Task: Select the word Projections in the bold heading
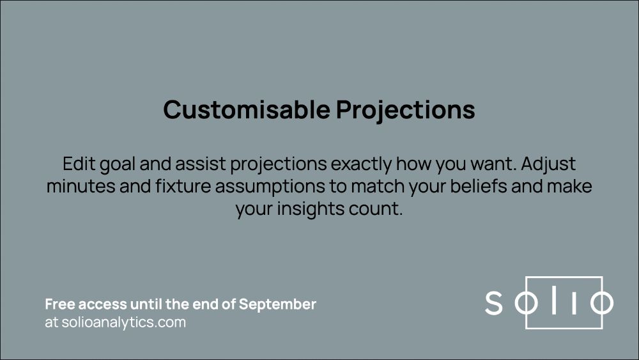406,110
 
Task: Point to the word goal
118,165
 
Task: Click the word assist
201,164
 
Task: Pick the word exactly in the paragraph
361,165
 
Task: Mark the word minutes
81,186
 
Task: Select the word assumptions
270,187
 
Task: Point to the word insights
304,210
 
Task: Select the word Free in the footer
59,304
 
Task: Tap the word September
277,305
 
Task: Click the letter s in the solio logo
493,303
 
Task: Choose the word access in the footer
102,304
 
